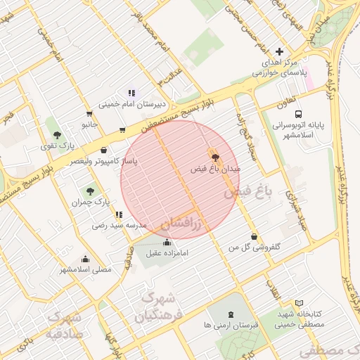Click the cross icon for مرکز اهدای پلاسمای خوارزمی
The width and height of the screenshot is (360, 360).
click(x=280, y=51)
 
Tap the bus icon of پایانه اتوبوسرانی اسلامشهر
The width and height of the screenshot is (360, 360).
click(x=298, y=113)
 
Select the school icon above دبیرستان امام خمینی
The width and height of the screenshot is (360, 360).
click(x=131, y=93)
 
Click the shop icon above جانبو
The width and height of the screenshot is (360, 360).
click(x=89, y=113)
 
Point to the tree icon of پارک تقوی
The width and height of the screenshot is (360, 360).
click(x=57, y=135)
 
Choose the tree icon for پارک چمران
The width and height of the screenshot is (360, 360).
click(x=89, y=190)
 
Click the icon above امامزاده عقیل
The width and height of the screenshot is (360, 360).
click(x=165, y=243)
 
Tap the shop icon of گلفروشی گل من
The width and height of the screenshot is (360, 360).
click(x=254, y=237)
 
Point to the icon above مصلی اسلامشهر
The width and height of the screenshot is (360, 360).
click(x=85, y=259)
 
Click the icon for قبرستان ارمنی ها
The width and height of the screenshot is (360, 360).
click(x=231, y=315)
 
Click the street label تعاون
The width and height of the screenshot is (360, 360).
click(x=285, y=103)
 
